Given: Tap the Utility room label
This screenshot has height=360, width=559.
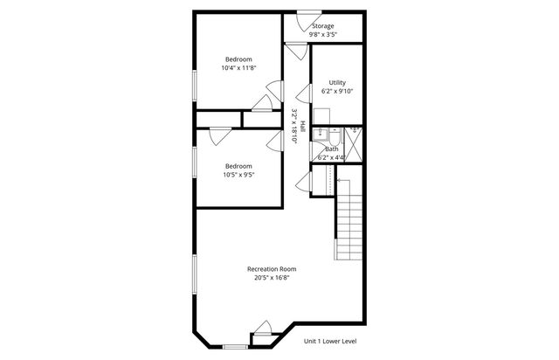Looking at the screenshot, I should pyautogui.click(x=337, y=82).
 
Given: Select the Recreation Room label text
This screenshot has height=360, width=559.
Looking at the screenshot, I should pyautogui.click(x=272, y=268).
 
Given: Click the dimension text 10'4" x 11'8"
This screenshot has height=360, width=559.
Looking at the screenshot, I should pyautogui.click(x=238, y=68).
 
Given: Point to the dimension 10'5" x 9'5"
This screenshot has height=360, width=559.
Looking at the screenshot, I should pyautogui.click(x=238, y=175).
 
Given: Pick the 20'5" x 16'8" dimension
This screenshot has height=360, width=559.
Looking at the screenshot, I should pyautogui.click(x=272, y=279).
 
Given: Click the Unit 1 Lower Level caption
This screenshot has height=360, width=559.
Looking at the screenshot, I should pyautogui.click(x=330, y=341).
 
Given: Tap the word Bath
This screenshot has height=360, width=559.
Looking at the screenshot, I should pyautogui.click(x=332, y=149).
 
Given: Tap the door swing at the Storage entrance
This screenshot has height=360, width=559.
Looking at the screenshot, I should pyautogui.click(x=305, y=17).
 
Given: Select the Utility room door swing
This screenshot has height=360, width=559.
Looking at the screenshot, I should pyautogui.click(x=305, y=92).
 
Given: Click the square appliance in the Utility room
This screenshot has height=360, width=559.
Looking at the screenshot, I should pyautogui.click(x=321, y=114).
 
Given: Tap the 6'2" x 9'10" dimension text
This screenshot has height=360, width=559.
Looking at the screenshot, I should pyautogui.click(x=337, y=91).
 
